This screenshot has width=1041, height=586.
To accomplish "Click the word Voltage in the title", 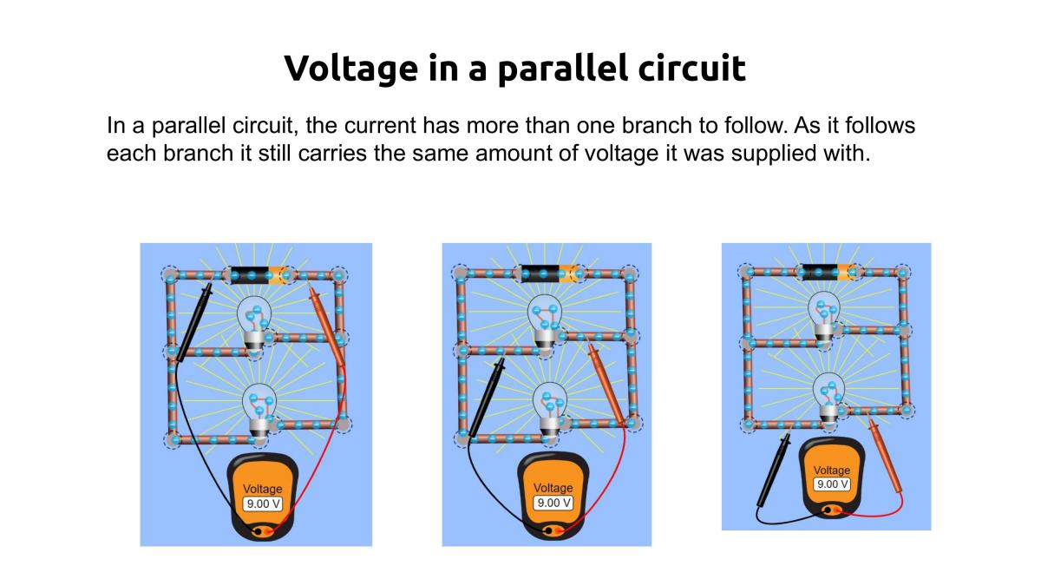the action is point(350,69).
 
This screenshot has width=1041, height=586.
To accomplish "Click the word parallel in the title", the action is point(562,69).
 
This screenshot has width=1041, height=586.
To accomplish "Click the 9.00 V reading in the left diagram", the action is point(263,504).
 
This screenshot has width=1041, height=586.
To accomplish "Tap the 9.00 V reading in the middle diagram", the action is point(553,503).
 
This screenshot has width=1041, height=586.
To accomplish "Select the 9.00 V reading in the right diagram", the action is point(832,484).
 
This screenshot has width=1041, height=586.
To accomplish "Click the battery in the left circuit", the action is point(263,275).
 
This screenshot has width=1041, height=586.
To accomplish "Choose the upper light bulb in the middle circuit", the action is point(545,322).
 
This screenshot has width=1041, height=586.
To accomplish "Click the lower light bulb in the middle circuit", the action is point(550,410).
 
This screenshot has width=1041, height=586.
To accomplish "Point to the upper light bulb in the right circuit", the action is point(824,319).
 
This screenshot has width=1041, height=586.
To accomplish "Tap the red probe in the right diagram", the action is point(886,456).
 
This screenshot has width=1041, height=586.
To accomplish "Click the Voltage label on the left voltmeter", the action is point(263,489).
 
